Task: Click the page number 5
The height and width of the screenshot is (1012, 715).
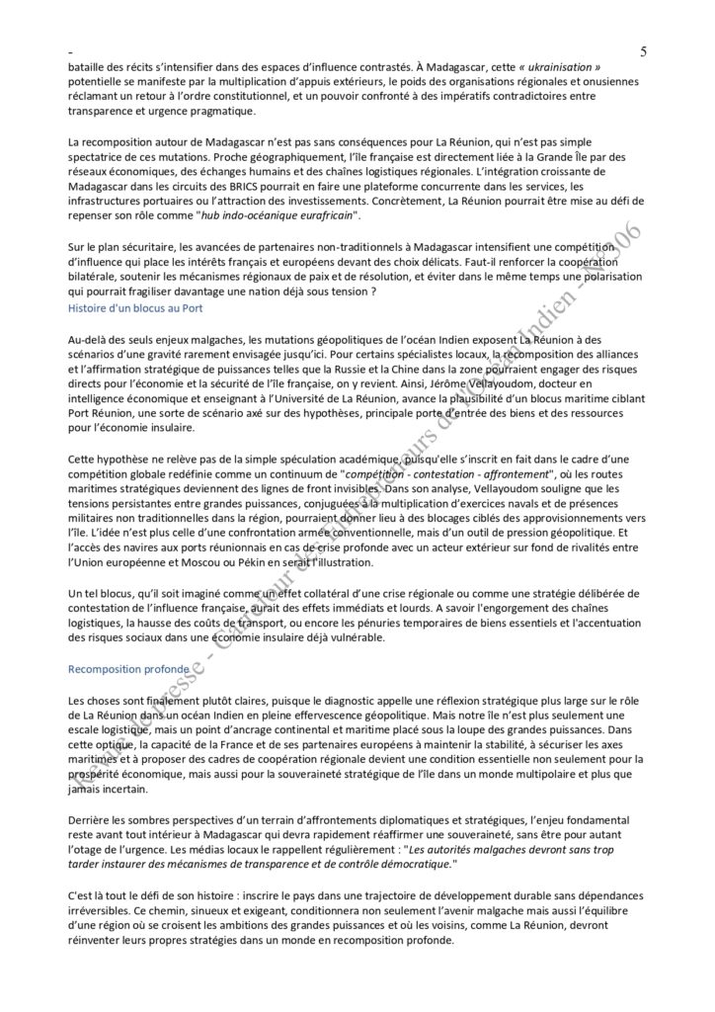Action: coord(644,51)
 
